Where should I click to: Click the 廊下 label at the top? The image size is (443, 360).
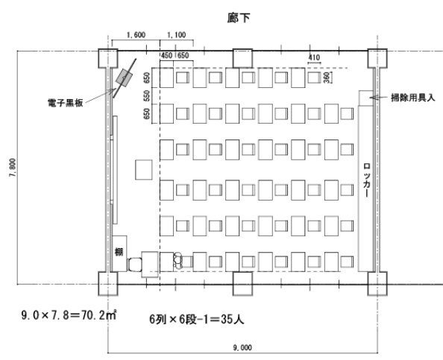(239, 18)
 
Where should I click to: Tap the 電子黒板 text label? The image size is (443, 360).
(66, 103)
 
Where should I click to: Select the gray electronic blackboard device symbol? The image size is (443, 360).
(124, 77)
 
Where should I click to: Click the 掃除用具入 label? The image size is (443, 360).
(412, 98)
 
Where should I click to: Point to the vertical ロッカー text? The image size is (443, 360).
(367, 180)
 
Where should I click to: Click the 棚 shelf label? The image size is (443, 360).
(119, 252)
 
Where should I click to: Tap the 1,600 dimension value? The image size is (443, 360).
(136, 35)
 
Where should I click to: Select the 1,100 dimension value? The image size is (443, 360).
(177, 35)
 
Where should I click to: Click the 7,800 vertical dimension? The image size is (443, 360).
(13, 168)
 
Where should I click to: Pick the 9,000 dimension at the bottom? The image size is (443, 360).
(242, 347)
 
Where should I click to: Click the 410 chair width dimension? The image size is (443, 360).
(314, 57)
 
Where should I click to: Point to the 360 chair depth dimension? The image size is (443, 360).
(327, 78)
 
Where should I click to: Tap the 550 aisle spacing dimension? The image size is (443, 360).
(147, 96)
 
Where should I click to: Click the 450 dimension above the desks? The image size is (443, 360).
(166, 55)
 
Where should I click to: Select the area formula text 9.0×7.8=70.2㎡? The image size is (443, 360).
(69, 315)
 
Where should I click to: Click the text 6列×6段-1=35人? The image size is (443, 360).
(197, 319)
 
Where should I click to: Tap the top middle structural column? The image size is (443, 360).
(242, 58)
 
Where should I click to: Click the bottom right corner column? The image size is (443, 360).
(377, 283)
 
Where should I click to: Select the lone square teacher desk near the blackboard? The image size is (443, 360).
(143, 170)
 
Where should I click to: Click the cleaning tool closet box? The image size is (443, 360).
(366, 98)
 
